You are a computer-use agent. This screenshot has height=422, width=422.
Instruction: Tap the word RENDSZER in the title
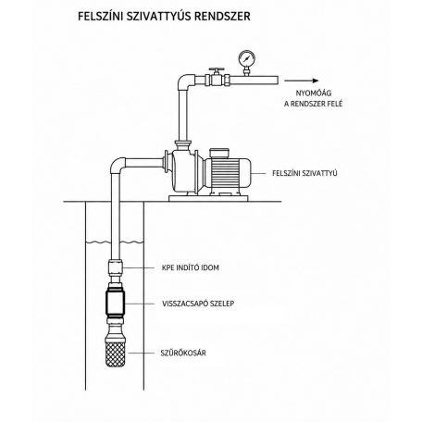coord(223,16)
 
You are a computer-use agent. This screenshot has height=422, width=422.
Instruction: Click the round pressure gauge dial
coord(247,58)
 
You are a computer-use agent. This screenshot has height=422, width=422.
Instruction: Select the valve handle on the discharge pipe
coord(217,69)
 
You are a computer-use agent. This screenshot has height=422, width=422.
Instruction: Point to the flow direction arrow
coord(302,81)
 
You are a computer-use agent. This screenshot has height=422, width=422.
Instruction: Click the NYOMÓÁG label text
coord(309,93)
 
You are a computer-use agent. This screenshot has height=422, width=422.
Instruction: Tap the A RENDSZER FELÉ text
coord(314,104)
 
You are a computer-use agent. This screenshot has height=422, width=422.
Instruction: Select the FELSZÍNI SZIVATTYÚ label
coord(304,173)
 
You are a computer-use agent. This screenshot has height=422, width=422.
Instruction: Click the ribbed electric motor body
coord(228,173)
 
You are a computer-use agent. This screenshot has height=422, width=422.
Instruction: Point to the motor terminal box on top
coord(219,153)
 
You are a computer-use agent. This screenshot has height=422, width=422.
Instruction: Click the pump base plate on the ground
coord(208,198)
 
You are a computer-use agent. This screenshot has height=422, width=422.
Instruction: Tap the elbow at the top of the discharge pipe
coord(186,81)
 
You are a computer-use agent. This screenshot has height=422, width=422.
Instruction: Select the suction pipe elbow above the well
coord(118,166)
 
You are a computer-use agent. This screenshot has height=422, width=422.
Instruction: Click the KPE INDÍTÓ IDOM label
coord(191,267)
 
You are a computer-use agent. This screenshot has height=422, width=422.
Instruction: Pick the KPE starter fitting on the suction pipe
coord(116,267)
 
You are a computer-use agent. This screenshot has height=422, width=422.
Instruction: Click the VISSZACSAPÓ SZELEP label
coord(198,304)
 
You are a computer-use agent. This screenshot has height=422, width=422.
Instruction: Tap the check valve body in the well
coord(116,304)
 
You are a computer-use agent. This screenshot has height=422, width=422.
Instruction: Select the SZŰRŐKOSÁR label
coord(183,353)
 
